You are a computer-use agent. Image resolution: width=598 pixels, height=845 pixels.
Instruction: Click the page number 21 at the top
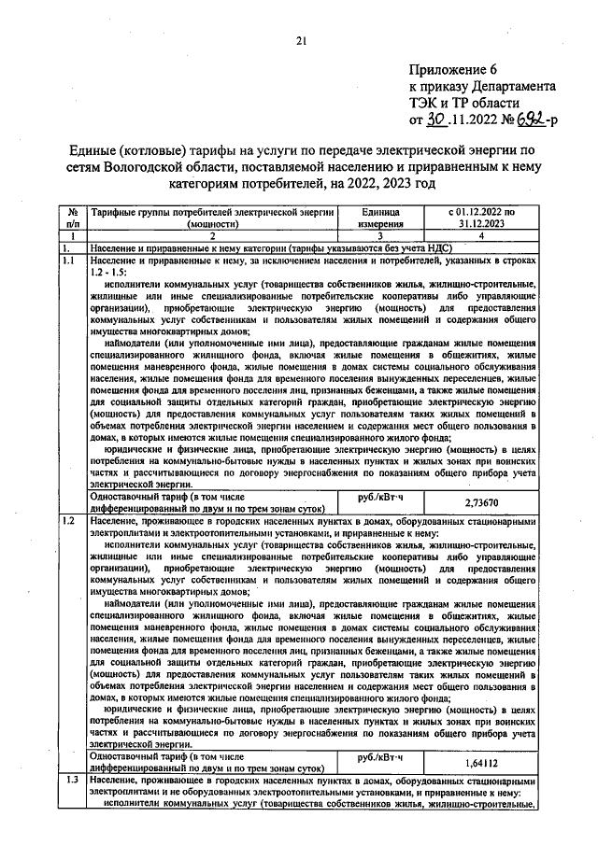(x=300, y=40)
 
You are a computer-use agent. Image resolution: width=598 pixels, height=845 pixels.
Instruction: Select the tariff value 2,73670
(x=480, y=502)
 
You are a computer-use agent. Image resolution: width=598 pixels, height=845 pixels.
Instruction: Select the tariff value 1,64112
(x=480, y=763)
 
